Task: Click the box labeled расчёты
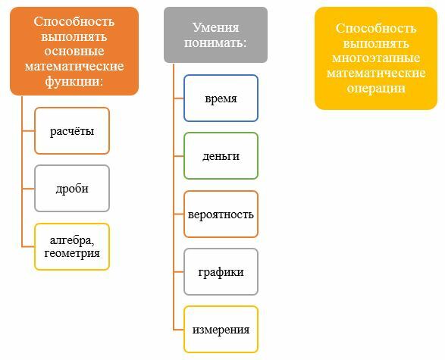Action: click(72, 131)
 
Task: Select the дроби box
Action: click(72, 189)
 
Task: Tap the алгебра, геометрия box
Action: click(72, 246)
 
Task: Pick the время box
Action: click(221, 99)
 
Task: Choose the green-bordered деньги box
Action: click(221, 155)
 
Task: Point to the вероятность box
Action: click(221, 214)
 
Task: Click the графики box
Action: click(221, 272)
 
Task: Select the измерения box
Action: click(221, 330)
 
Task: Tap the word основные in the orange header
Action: click(74, 52)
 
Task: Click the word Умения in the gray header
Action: click(216, 28)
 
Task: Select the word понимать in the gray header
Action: click(214, 43)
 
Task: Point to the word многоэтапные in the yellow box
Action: click(376, 58)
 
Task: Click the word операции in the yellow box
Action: click(376, 89)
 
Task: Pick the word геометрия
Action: click(72, 253)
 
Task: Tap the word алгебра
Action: click(71, 240)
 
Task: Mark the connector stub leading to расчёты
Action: click(28, 131)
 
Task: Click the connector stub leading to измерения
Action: click(178, 330)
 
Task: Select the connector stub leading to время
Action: click(178, 99)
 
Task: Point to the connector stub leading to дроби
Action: click(28, 189)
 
